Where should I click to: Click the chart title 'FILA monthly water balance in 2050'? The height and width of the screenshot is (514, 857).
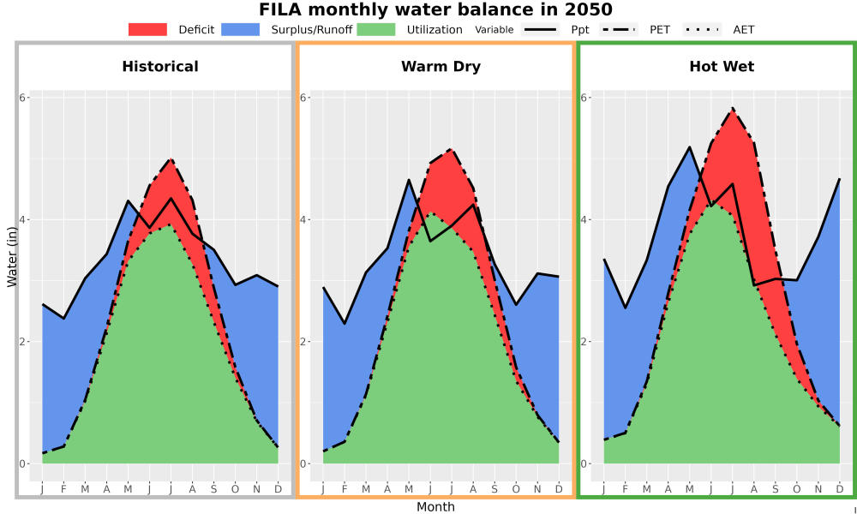click(x=435, y=9)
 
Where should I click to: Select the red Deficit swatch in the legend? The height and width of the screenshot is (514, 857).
click(x=147, y=29)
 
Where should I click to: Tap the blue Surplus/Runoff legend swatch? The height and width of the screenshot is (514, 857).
click(x=241, y=29)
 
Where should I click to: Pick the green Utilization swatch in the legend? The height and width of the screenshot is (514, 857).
click(x=376, y=29)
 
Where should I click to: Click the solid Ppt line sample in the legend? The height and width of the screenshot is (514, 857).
click(x=540, y=29)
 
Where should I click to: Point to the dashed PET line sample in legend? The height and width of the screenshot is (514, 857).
click(x=618, y=29)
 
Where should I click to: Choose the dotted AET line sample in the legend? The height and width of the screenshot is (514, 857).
click(x=702, y=29)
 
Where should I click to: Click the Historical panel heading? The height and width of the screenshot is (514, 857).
click(x=160, y=67)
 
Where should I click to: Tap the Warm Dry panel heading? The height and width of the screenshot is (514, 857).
click(x=441, y=67)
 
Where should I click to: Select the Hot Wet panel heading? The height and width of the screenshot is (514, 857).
click(x=722, y=67)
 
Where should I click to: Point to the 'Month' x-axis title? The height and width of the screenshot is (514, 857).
click(x=435, y=507)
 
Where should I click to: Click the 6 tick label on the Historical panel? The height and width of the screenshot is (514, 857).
click(x=22, y=97)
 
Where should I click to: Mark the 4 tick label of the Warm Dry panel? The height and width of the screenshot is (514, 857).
click(x=303, y=219)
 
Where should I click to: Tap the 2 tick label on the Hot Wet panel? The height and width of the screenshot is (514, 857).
click(x=584, y=342)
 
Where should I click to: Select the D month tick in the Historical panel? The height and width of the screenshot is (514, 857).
click(x=279, y=489)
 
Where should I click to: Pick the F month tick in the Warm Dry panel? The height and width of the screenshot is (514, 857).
click(x=345, y=489)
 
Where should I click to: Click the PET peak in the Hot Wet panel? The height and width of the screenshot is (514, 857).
click(x=733, y=108)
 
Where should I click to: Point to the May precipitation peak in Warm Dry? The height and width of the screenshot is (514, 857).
click(x=409, y=180)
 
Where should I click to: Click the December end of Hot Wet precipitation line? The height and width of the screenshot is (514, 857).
click(x=840, y=179)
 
